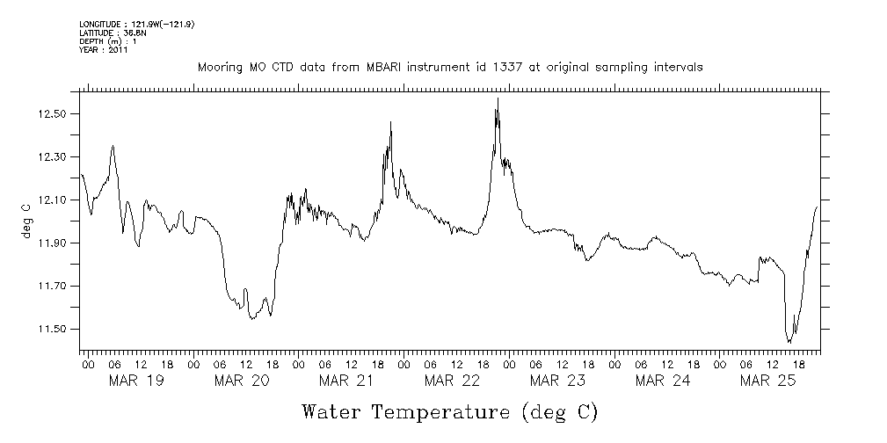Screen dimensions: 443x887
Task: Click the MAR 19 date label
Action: click(x=135, y=381)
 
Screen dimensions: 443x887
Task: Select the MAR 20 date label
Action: click(x=241, y=381)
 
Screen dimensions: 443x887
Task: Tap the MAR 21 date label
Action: click(x=346, y=381)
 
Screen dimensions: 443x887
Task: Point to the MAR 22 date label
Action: click(x=452, y=381)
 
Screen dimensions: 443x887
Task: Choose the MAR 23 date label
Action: click(x=557, y=381)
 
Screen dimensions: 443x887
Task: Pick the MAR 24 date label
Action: click(x=663, y=381)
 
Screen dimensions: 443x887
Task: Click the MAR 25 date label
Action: click(x=768, y=381)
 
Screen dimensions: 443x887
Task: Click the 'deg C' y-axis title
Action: click(x=26, y=221)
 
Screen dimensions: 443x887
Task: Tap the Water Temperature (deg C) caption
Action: click(x=449, y=412)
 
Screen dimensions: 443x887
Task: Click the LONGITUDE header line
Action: click(x=136, y=24)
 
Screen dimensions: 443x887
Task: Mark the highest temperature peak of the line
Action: click(x=498, y=98)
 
